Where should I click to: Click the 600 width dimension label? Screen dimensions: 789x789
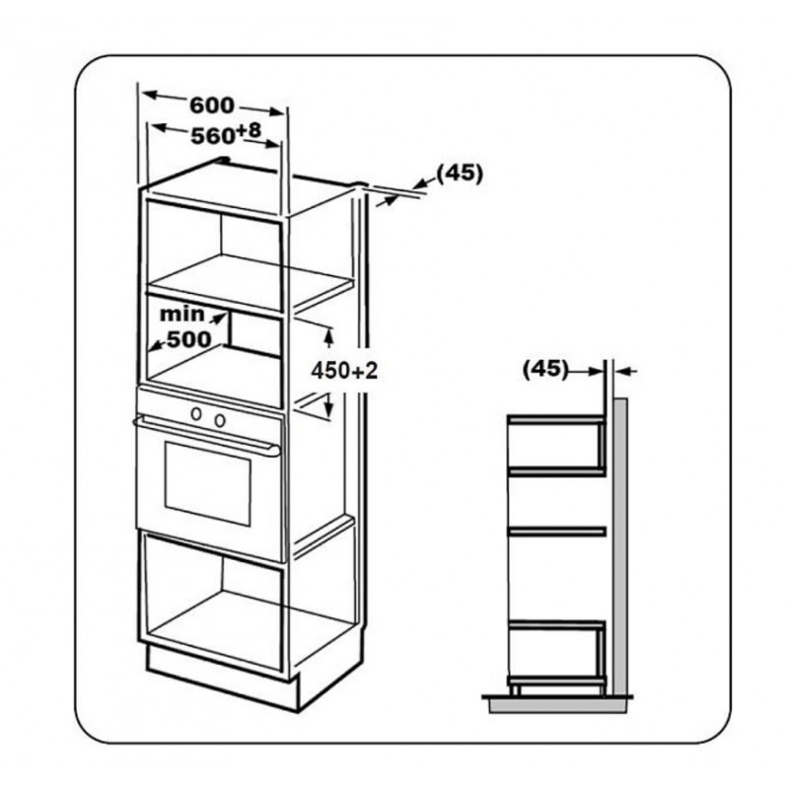(212, 106)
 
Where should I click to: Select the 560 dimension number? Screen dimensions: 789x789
(213, 136)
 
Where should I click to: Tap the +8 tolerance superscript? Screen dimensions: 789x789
(249, 130)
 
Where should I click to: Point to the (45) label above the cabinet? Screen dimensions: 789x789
(460, 174)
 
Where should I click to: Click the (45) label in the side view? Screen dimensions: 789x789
(545, 369)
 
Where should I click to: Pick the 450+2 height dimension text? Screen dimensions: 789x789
(344, 372)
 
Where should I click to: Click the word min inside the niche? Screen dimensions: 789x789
(181, 314)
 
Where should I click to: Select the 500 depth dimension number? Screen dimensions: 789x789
(189, 339)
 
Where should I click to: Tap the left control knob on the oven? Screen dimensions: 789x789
(196, 414)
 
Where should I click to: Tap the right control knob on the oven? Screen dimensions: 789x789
(220, 420)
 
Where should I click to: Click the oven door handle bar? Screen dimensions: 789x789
(206, 435)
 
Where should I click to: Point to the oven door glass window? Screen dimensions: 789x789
(207, 483)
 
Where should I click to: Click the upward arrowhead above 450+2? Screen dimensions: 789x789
(329, 338)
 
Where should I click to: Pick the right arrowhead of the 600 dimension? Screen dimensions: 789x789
(274, 111)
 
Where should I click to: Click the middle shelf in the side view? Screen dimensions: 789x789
(556, 532)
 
